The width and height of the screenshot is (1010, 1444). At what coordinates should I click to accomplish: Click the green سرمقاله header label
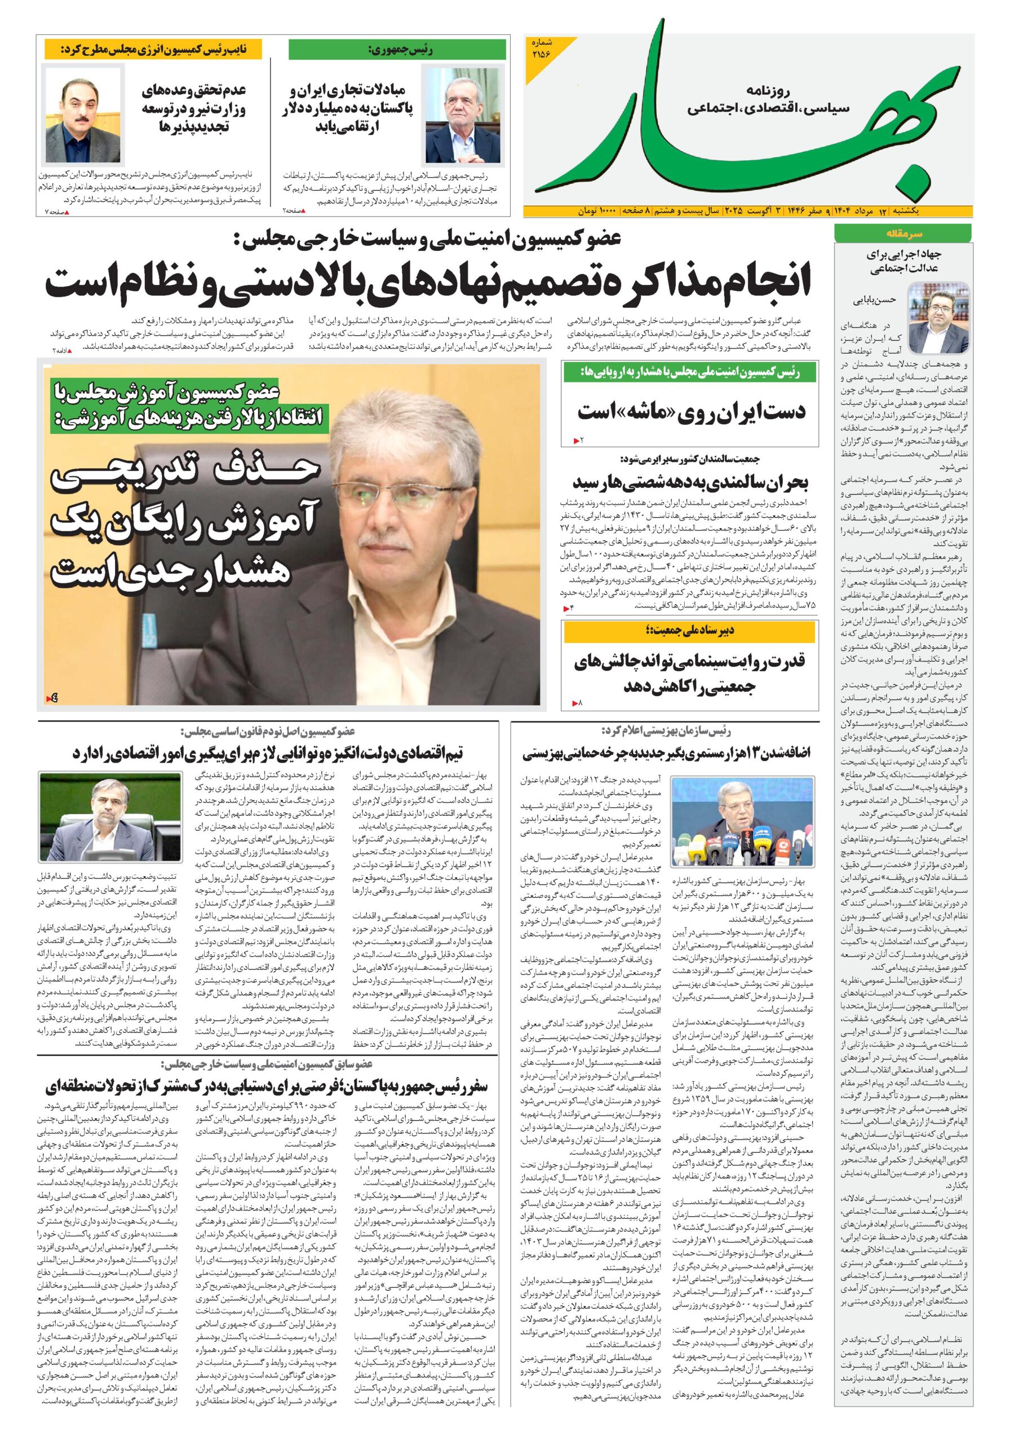click(x=903, y=234)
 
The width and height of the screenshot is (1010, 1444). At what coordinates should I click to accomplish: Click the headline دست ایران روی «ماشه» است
click(x=691, y=412)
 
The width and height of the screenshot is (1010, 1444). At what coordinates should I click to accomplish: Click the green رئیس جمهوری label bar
click(x=397, y=49)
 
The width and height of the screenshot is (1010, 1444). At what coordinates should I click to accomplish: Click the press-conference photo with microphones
click(x=742, y=821)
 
